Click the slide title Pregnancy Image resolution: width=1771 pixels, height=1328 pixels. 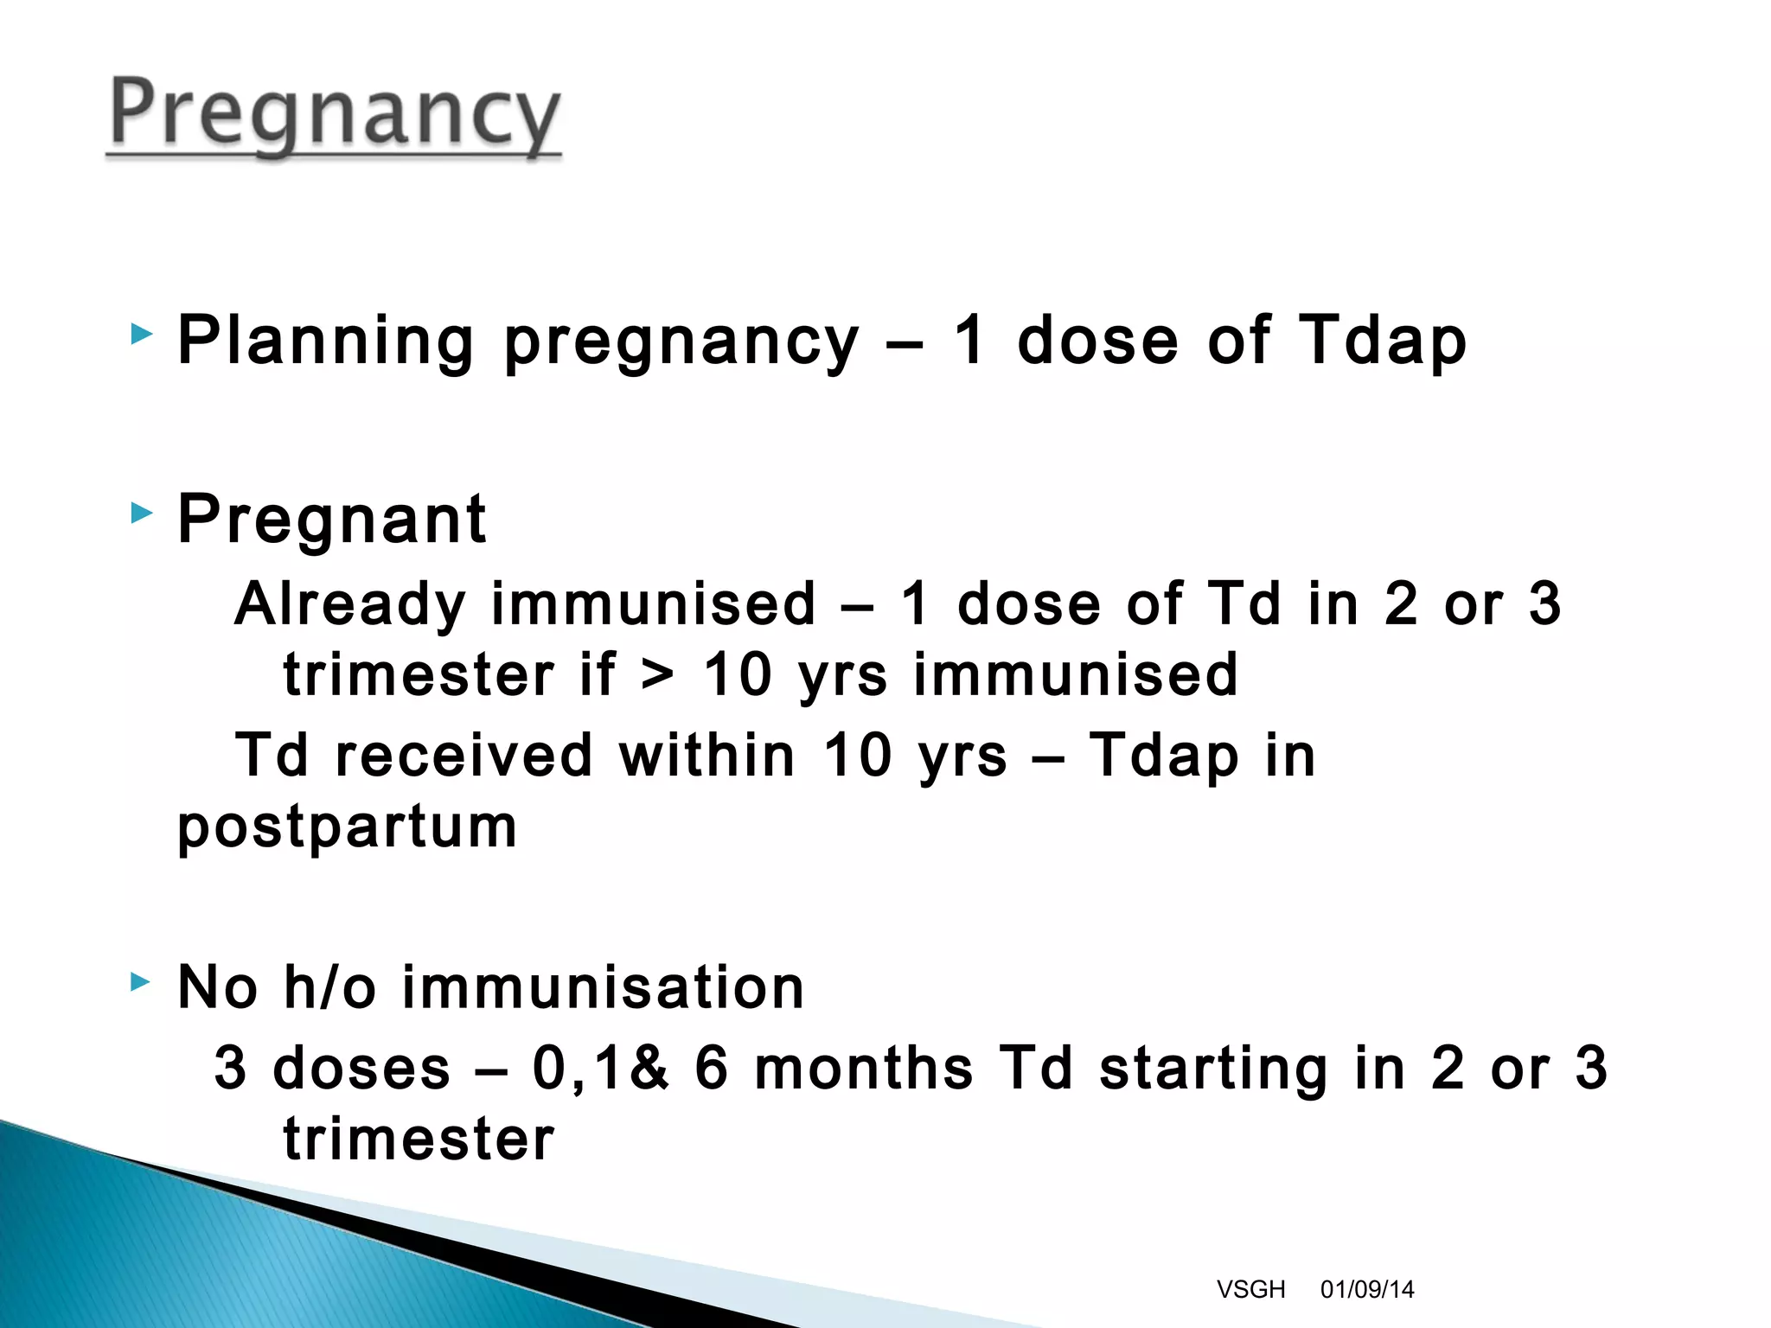point(336,115)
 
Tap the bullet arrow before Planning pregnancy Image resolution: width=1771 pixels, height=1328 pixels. point(141,334)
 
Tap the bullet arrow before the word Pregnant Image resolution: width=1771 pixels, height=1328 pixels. point(141,514)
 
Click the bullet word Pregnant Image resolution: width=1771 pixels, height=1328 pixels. point(332,520)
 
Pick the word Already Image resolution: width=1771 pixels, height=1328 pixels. point(350,603)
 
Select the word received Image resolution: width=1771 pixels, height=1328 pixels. point(464,755)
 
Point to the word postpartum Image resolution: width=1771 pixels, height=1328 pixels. point(347,827)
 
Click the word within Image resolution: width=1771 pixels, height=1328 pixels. point(706,755)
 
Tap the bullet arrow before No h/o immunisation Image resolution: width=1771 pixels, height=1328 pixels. point(141,981)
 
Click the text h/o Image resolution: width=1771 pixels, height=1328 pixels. point(329,987)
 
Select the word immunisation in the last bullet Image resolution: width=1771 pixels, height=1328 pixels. point(603,987)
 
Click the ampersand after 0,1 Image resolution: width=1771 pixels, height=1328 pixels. point(649,1068)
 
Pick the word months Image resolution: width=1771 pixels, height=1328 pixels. point(863,1068)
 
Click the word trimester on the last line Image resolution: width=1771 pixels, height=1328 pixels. point(419,1139)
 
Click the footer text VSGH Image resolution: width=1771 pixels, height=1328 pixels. point(1250,1289)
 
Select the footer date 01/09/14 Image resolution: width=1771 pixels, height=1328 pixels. point(1366,1289)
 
